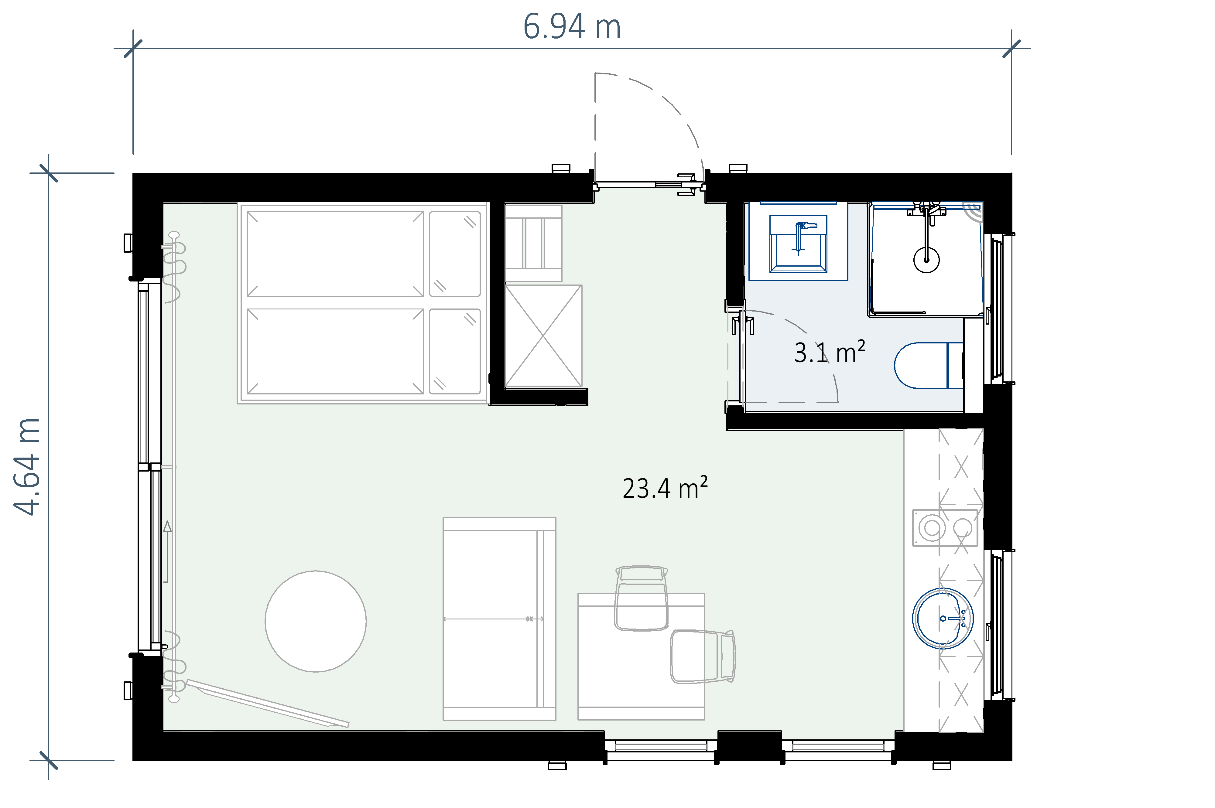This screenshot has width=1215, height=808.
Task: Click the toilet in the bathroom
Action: [x=928, y=365]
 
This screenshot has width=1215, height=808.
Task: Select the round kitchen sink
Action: [x=943, y=618]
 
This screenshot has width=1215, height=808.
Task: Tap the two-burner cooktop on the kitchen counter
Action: [x=945, y=528]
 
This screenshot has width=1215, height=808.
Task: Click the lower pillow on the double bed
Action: [x=455, y=351]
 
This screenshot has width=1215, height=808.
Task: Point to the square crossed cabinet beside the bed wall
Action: [x=543, y=336]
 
